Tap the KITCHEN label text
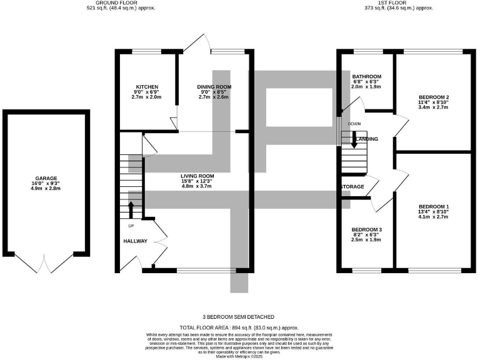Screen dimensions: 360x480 pos(147,87)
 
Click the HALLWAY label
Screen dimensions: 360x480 pos(134,241)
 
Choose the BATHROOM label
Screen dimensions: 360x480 pos(366,77)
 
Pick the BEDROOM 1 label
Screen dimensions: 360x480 pos(434,207)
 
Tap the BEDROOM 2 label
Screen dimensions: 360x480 pos(434,97)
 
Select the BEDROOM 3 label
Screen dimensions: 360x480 pos(366,229)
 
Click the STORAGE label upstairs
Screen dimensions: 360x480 pos(352,187)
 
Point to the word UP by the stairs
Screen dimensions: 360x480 pos(131,226)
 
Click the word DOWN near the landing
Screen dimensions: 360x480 pos(354,124)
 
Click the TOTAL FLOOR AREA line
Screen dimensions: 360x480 pos(239,327)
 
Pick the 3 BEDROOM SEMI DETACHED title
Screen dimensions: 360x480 pos(239,317)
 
